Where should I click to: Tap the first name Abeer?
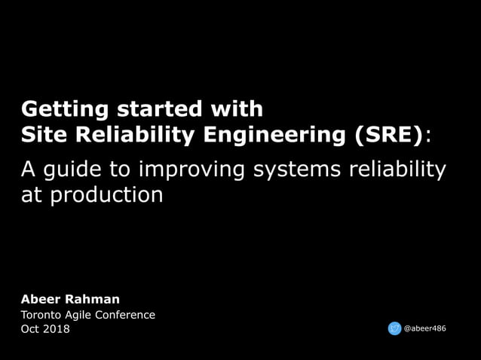(x=44, y=299)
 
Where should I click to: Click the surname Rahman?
(x=96, y=299)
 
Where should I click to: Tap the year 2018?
(x=57, y=329)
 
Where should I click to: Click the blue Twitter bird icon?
(x=394, y=328)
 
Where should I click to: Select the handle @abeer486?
(x=425, y=328)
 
